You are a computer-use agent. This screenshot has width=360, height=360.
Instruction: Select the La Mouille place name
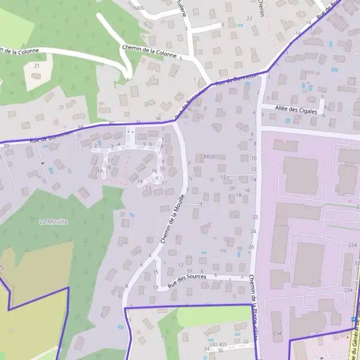[x=54, y=221]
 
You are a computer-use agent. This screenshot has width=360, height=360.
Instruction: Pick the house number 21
[x=37, y=65]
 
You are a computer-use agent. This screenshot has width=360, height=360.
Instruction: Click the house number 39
[x=6, y=146]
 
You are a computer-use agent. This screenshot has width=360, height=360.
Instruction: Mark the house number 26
[x=251, y=247]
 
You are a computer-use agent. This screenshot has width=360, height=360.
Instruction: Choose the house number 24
[x=253, y=231]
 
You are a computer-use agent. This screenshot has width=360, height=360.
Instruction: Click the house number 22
[x=255, y=217]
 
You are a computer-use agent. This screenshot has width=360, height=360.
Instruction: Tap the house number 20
[x=232, y=188]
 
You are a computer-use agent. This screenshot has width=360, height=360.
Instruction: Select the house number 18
[x=239, y=195]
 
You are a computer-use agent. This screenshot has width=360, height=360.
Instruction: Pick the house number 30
[x=112, y=123]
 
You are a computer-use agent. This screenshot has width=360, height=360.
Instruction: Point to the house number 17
[x=110, y=161]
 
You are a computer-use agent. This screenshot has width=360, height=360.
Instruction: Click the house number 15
[x=155, y=272]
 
